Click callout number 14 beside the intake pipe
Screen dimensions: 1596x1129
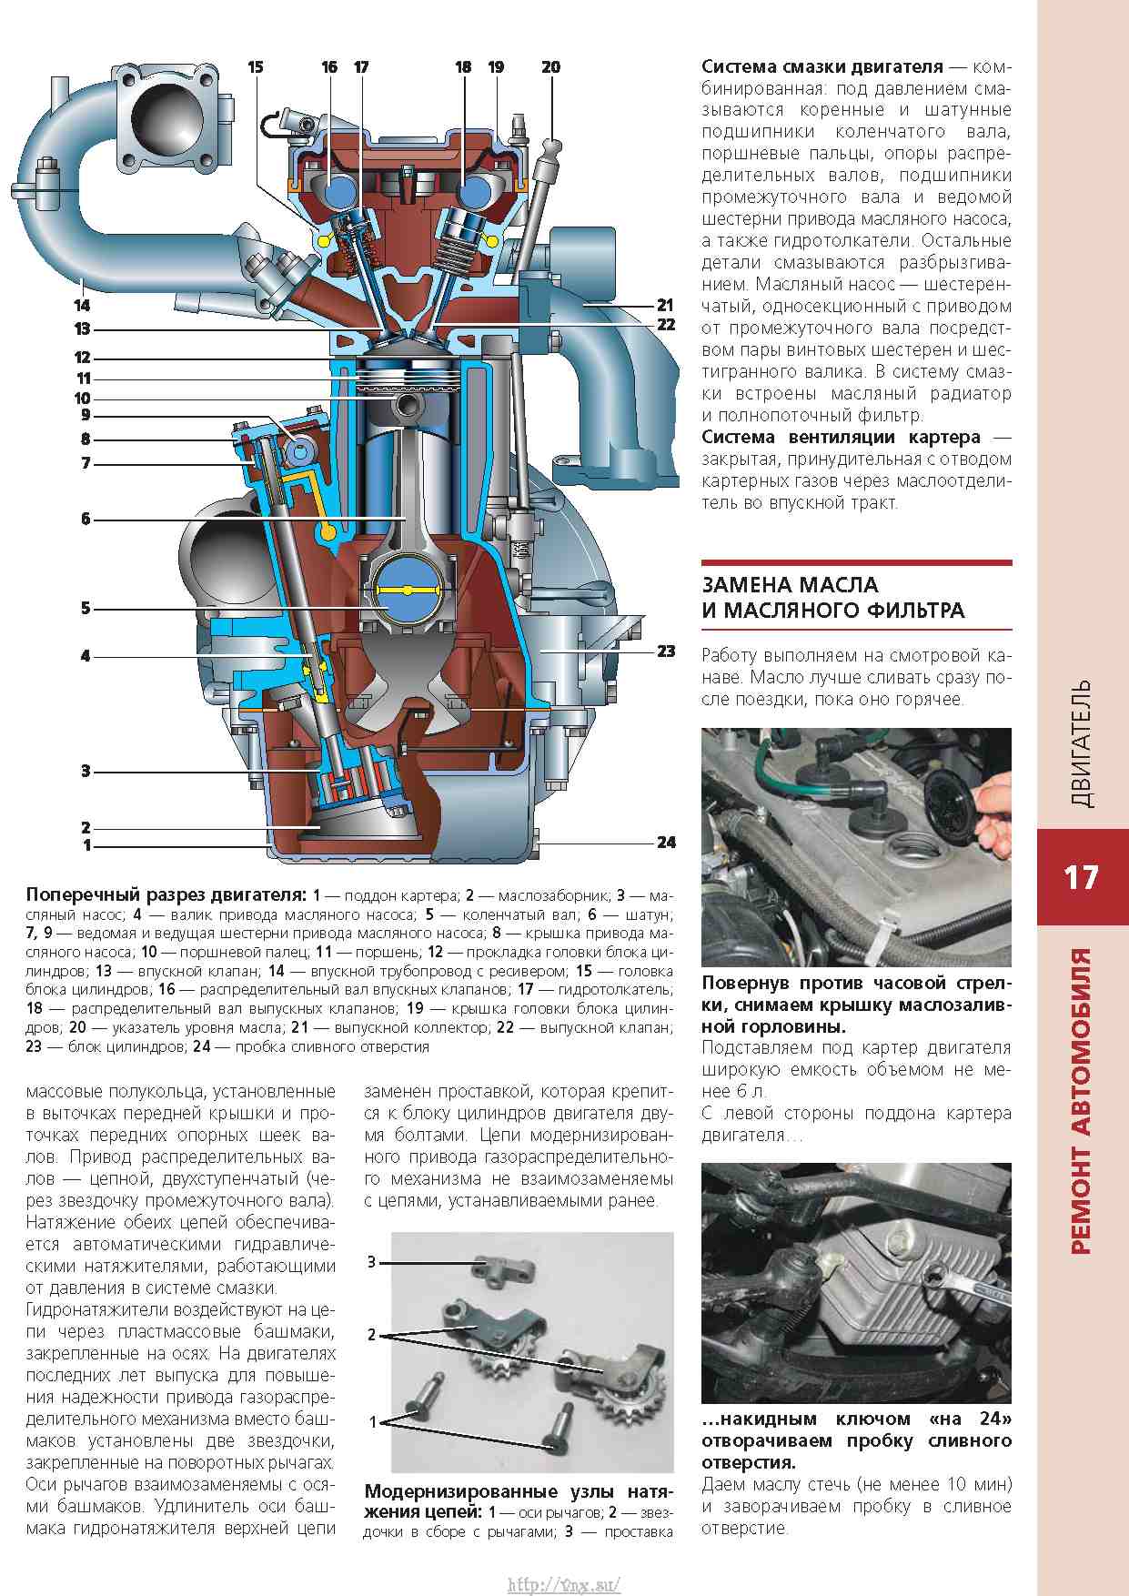click(82, 306)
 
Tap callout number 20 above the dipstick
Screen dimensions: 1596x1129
click(550, 67)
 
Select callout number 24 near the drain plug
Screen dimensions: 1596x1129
click(666, 843)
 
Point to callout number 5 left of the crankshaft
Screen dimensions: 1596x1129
click(86, 608)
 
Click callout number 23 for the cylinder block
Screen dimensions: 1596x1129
click(666, 651)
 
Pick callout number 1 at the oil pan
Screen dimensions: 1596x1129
click(86, 845)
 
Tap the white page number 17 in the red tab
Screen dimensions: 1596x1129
click(1081, 877)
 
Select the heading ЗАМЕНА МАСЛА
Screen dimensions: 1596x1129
click(790, 585)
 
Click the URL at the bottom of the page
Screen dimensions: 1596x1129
click(564, 1584)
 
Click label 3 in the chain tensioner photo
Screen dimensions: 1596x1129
click(371, 1262)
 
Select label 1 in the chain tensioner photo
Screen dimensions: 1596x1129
click(372, 1421)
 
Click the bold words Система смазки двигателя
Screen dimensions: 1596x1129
click(822, 67)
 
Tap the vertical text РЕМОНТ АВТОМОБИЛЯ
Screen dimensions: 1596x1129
click(1081, 1101)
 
